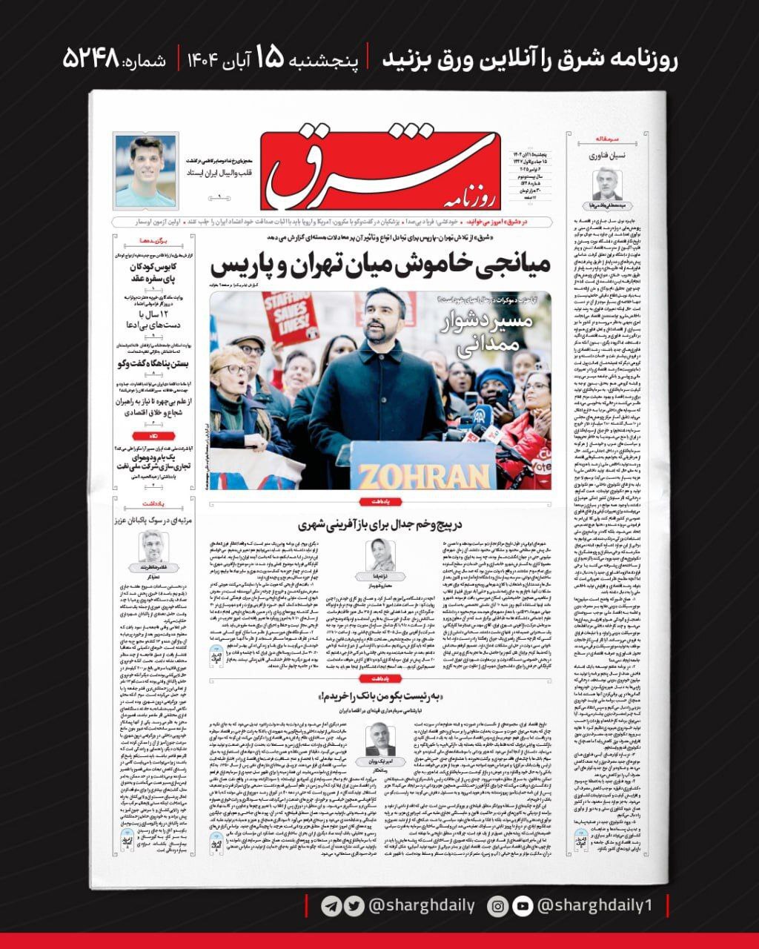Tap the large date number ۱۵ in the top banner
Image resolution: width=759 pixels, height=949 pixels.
[x=270, y=59]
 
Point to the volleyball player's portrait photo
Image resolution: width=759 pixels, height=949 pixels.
[x=146, y=171]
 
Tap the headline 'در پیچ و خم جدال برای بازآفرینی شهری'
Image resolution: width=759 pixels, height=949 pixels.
[x=379, y=524]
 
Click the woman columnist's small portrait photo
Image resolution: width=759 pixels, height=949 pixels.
[x=379, y=555]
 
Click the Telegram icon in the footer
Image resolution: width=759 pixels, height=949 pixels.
[x=331, y=906]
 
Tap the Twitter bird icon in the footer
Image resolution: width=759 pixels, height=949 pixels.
[x=355, y=906]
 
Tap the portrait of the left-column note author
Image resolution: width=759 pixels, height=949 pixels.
[x=151, y=546]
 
